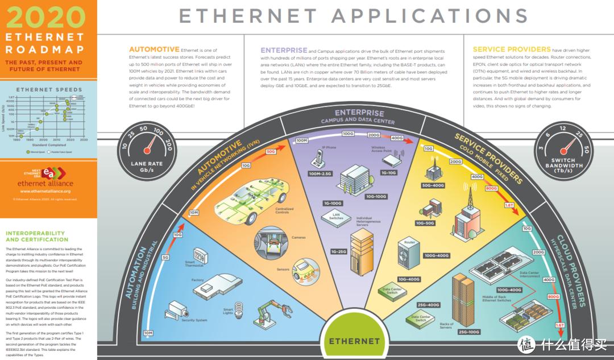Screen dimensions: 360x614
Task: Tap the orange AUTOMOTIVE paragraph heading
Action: coord(154,49)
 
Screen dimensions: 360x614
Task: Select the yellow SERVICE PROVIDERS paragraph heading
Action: coord(512,49)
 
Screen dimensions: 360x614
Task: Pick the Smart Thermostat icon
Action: coord(200,254)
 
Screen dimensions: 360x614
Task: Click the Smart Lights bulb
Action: coord(239,308)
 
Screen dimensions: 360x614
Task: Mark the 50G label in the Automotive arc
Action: coord(271,151)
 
